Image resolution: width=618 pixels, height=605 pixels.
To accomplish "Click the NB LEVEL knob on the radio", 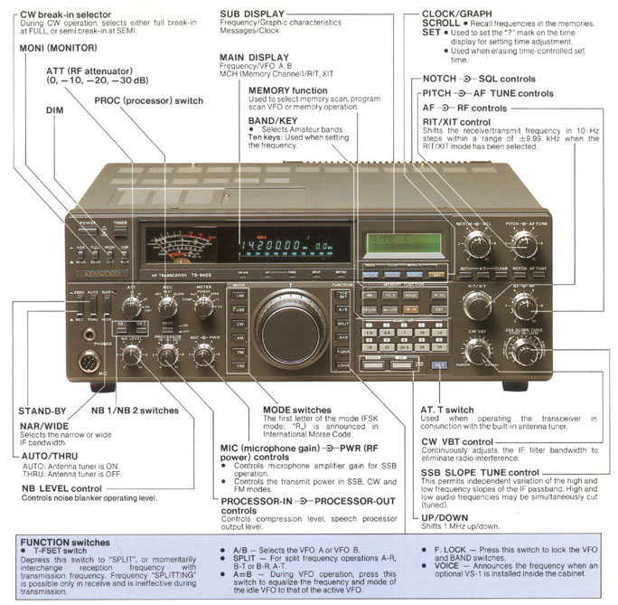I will click(x=133, y=354).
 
